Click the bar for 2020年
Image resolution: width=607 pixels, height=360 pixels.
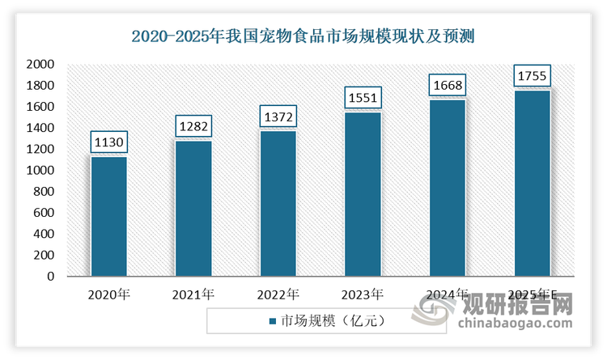point(108,216)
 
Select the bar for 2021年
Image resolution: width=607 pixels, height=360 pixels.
point(193,208)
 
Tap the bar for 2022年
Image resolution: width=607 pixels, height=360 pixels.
point(278,203)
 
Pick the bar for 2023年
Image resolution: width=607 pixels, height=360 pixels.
point(363,193)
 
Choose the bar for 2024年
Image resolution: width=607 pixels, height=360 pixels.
point(448,188)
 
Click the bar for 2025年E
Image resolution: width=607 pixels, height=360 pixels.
point(533,183)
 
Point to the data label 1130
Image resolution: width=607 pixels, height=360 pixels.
point(108,142)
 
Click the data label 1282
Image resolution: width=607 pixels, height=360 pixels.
point(193,126)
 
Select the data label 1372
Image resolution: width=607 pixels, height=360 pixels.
point(278,117)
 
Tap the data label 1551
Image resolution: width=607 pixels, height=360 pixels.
point(363,98)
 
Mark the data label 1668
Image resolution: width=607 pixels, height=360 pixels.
point(448,86)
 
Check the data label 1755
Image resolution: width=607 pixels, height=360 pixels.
point(533,76)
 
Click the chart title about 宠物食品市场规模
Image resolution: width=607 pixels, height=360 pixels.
point(303,36)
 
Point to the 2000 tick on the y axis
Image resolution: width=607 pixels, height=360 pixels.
point(39,65)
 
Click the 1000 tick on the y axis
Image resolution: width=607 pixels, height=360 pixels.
point(39,171)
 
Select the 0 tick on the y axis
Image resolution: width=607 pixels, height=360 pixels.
point(50,277)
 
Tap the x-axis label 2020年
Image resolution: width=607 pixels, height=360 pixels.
point(108,294)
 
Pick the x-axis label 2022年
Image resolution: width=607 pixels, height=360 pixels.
point(278,294)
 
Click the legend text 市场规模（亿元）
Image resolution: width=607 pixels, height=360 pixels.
point(331,321)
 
